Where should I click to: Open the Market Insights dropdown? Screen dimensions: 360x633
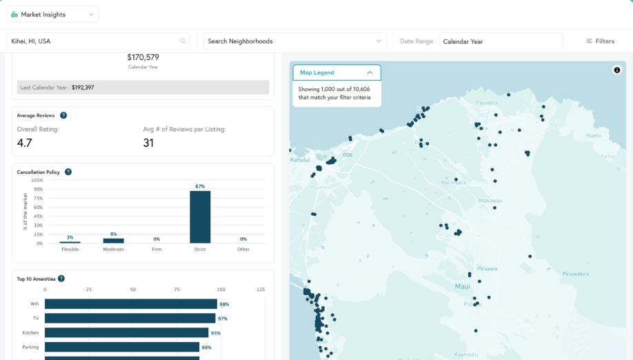click(x=53, y=14)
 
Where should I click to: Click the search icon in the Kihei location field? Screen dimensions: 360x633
click(x=183, y=41)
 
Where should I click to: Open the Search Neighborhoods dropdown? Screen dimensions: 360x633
click(x=294, y=41)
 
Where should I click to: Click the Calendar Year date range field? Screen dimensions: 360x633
click(x=501, y=41)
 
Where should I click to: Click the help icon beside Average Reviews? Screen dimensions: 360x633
click(x=63, y=116)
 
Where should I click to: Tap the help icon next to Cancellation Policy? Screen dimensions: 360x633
click(x=68, y=172)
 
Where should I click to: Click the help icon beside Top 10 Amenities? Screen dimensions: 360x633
click(x=61, y=279)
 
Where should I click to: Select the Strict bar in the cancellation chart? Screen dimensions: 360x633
click(x=200, y=217)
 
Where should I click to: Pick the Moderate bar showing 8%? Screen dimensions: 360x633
click(x=114, y=241)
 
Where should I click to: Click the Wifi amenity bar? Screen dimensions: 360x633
click(x=131, y=304)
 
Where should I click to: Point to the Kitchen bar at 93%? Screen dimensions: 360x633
click(x=127, y=333)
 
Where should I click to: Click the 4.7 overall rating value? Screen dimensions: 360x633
click(x=25, y=143)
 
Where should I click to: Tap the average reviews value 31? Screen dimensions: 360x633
click(x=148, y=143)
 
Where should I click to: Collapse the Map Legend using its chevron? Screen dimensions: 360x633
click(x=370, y=72)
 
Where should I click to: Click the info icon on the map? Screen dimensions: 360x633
click(x=616, y=70)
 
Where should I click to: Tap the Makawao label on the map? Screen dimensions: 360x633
click(x=490, y=201)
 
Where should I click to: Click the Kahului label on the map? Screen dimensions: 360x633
click(x=300, y=159)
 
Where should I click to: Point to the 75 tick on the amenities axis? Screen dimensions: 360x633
click(x=177, y=290)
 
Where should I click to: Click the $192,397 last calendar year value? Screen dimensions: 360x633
click(x=83, y=88)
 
